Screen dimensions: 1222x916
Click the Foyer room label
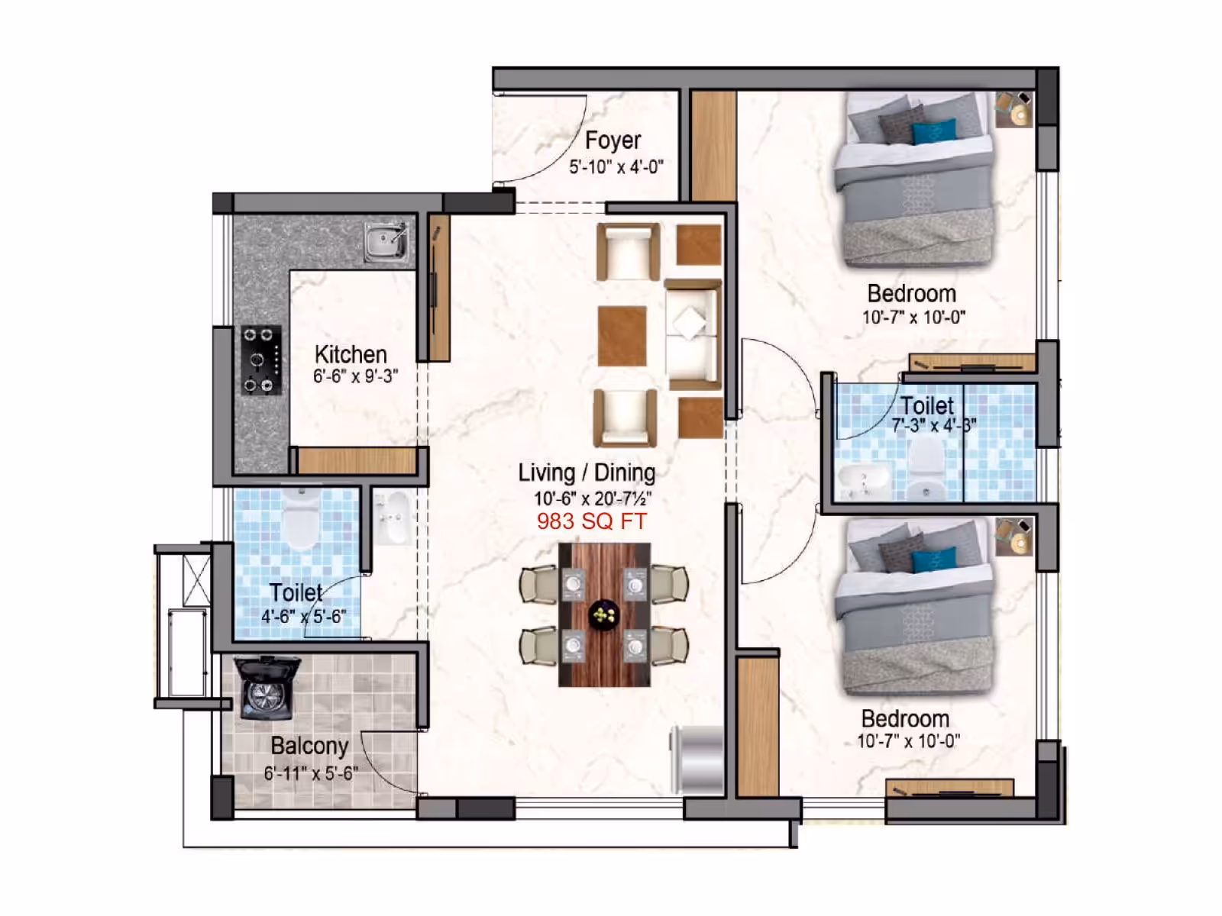[613, 140]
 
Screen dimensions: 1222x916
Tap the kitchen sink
[386, 243]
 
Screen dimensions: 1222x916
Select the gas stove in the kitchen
[261, 360]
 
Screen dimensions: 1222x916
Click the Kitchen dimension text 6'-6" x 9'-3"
[356, 376]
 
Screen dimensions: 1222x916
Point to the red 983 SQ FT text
[592, 521]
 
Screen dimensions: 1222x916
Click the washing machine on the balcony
[267, 688]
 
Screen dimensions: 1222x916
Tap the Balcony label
[309, 746]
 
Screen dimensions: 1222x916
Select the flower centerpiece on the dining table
[603, 614]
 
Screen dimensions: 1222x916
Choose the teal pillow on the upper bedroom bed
[935, 132]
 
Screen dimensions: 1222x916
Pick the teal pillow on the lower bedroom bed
[935, 560]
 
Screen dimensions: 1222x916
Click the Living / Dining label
[587, 473]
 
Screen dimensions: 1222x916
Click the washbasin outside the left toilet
[393, 518]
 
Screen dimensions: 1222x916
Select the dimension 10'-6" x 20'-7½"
[593, 498]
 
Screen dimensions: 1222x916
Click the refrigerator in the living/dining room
[697, 760]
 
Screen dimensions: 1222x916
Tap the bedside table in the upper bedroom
[1014, 109]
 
